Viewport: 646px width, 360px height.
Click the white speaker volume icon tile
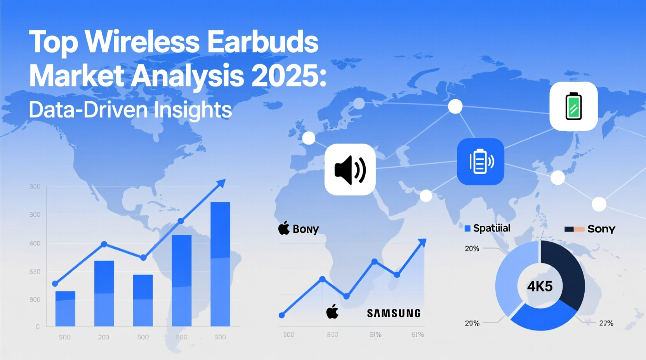[x=350, y=170]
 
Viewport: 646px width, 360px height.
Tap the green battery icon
[x=573, y=106]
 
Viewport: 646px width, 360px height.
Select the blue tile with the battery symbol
[x=480, y=161]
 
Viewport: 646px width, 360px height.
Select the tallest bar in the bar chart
[x=220, y=264]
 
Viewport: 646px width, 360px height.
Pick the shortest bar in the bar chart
[x=65, y=308]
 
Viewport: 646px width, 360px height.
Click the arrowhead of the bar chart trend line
[x=221, y=183]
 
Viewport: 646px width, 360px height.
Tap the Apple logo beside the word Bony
[x=284, y=228]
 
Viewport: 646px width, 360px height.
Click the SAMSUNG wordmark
[x=394, y=313]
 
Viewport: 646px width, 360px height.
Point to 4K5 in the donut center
[x=540, y=287]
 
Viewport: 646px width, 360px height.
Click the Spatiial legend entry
[x=488, y=228]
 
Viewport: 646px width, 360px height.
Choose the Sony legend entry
[x=590, y=229]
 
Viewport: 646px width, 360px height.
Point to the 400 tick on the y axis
[x=35, y=244]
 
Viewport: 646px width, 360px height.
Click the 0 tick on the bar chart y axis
[x=38, y=327]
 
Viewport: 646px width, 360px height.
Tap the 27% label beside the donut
[x=606, y=323]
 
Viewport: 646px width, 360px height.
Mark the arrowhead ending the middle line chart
[x=422, y=243]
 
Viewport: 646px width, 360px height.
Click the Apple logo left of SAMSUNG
[x=332, y=312]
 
